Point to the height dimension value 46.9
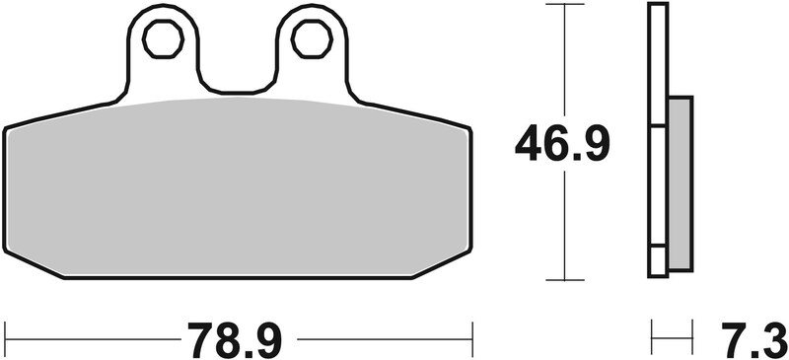(563, 145)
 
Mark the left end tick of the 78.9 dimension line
(5, 338)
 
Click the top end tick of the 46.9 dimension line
(563, 5)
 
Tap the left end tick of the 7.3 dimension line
(651, 338)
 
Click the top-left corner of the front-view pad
(8, 128)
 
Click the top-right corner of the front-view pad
(467, 128)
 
